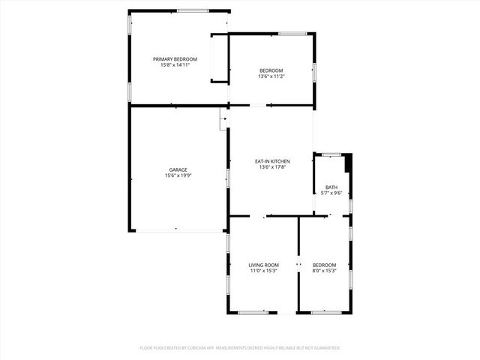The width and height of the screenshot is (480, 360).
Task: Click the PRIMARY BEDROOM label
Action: pos(175,59)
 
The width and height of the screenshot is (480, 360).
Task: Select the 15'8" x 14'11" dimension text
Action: pos(175,65)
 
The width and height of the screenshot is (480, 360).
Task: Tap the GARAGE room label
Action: pos(178,169)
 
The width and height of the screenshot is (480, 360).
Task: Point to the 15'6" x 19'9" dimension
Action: pos(178,175)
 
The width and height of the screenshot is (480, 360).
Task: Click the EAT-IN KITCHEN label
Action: pos(272,161)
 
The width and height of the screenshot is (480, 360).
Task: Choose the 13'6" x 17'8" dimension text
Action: pos(272,167)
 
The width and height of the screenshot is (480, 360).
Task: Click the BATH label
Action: pos(331,187)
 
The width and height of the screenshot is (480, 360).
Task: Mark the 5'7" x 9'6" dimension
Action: pos(331,193)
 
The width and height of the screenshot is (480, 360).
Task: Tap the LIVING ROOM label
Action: pos(264,265)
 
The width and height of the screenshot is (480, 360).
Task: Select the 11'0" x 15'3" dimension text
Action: pos(264,271)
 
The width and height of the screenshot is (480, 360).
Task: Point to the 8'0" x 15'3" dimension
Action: pos(324,271)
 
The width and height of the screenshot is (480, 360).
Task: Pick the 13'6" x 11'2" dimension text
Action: pos(271,76)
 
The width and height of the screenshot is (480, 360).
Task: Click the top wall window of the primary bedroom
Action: pos(193,10)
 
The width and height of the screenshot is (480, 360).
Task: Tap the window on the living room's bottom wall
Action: pos(253,312)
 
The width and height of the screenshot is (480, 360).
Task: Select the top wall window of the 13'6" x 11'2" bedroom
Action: pos(292,33)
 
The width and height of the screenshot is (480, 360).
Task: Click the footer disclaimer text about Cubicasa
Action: pos(240,348)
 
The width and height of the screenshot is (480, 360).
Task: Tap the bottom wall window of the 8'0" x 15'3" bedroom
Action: pos(324,312)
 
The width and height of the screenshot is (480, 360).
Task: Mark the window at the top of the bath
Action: pos(331,154)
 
